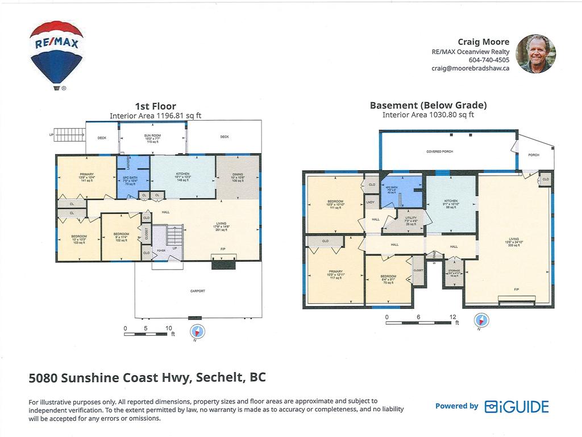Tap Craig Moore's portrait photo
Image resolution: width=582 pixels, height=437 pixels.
(x=537, y=53)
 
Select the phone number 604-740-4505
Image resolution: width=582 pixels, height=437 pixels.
(x=489, y=60)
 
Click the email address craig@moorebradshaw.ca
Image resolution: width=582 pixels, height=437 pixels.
(x=471, y=68)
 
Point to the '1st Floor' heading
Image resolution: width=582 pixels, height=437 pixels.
(x=155, y=106)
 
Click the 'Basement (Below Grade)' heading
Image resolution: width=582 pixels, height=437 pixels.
(x=428, y=105)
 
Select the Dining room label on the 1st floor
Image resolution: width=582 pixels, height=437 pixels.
(x=238, y=178)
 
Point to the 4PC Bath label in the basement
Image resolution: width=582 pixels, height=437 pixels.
(x=392, y=189)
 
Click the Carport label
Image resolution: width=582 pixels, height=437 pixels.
(x=198, y=291)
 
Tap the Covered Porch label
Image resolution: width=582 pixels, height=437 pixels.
(x=439, y=151)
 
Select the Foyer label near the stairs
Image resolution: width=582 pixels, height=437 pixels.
(x=161, y=250)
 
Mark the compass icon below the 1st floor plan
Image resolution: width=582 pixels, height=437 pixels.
(x=197, y=331)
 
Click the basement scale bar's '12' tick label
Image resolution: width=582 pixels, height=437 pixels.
(x=453, y=317)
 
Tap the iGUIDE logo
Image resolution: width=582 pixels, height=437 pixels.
(x=517, y=406)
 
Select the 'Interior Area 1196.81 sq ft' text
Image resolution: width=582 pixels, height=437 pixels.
(x=155, y=116)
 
